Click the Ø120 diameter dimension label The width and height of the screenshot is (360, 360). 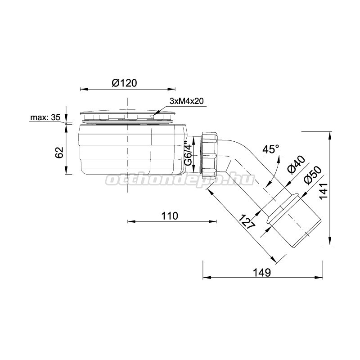click(124, 83)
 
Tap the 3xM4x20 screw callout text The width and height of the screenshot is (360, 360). click(186, 101)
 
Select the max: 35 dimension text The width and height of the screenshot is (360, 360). click(45, 117)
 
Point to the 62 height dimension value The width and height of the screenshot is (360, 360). click(59, 153)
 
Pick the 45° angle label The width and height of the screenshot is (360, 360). click(270, 149)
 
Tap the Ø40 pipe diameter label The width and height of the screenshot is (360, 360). click(297, 165)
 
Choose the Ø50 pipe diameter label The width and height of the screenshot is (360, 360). click(312, 175)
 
